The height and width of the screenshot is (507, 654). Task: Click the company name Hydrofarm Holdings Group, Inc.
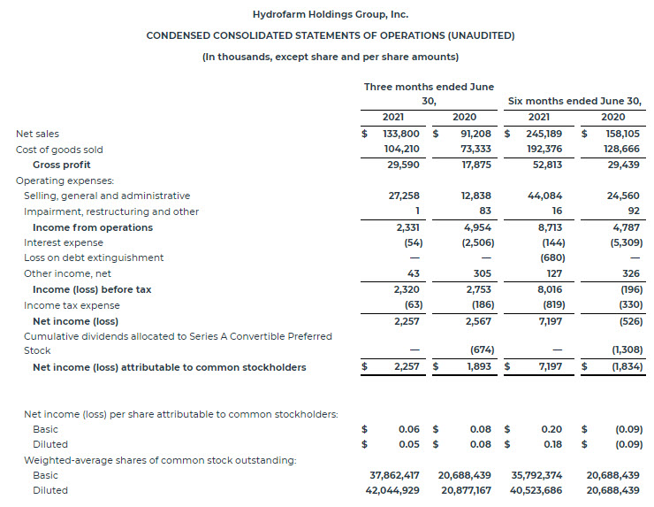tap(330, 15)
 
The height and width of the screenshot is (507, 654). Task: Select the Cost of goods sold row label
tap(59, 150)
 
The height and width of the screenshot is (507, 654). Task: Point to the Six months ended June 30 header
tap(574, 101)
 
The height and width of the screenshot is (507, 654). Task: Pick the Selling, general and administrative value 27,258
tap(406, 196)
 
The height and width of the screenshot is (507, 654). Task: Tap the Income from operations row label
tap(93, 227)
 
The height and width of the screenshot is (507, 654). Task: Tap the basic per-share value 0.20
tap(551, 428)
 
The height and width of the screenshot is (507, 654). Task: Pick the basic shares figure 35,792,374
tap(536, 475)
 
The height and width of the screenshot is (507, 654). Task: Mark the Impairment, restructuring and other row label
tap(111, 211)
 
